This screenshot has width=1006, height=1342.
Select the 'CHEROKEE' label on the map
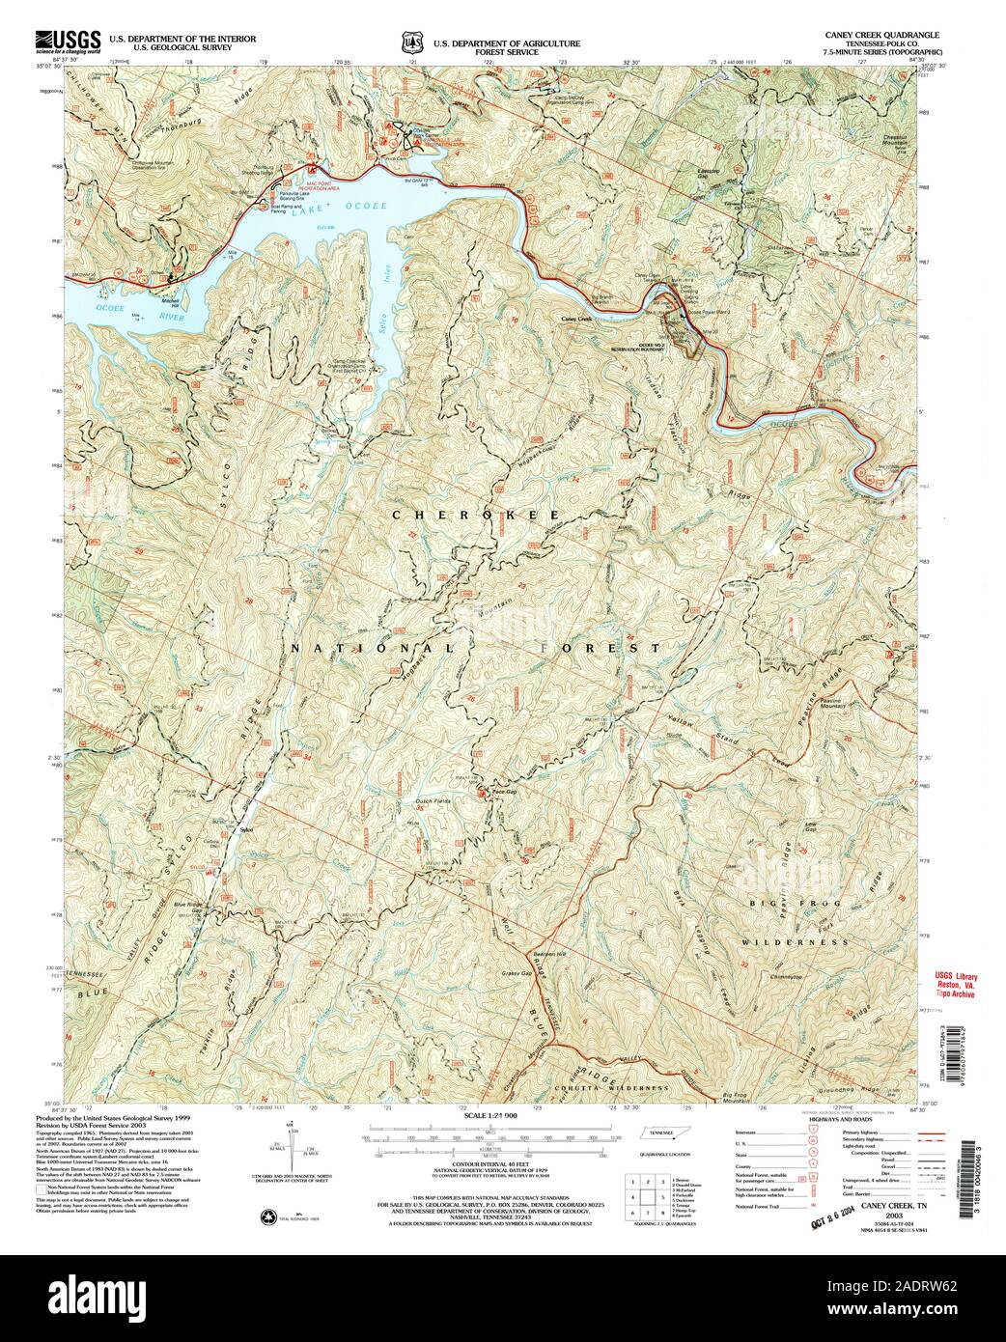click(x=474, y=517)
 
